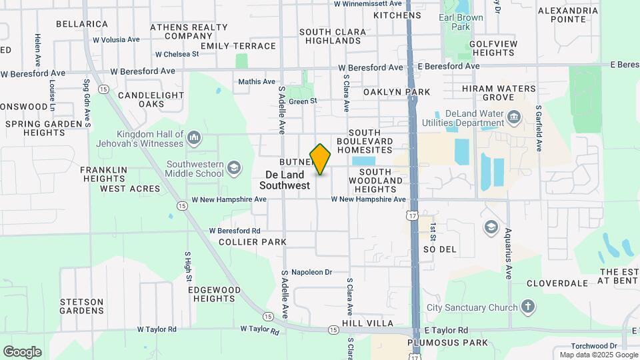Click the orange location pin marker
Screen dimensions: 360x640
click(321, 159)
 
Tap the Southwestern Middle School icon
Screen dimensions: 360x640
click(234, 169)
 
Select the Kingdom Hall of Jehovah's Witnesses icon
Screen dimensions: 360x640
click(194, 138)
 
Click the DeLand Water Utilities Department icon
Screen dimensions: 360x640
click(514, 118)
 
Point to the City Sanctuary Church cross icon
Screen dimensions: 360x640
click(528, 307)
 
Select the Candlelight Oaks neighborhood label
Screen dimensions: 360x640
click(151, 99)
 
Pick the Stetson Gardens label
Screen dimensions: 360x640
click(81, 306)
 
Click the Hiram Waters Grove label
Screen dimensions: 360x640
click(498, 93)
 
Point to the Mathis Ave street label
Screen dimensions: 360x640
click(257, 82)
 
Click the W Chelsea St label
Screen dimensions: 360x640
click(177, 54)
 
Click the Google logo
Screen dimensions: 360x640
click(22, 351)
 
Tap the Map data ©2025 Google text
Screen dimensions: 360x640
click(598, 355)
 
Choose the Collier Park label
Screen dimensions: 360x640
click(253, 242)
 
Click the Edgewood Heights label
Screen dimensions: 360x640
click(214, 294)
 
